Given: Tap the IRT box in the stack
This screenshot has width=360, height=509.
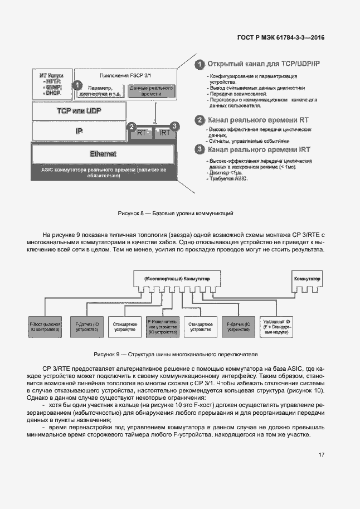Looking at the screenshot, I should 165,133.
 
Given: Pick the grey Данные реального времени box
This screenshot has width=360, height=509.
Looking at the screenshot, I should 152,91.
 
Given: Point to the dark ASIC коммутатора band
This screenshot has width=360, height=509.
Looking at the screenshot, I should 104,172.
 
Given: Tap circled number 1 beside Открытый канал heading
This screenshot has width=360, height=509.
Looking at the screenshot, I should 199,65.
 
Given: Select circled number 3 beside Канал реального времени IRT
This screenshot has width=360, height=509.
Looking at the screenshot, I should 199,149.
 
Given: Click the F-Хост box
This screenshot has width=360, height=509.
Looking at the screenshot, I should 45,327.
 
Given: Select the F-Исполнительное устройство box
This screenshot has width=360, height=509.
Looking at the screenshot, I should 162,327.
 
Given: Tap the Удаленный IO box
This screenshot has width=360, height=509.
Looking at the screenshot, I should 275,327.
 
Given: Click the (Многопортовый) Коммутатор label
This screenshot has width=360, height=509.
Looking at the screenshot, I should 175,278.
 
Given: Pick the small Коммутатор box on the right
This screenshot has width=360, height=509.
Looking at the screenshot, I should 308,278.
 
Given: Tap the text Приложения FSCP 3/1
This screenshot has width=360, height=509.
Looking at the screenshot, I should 125,75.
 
